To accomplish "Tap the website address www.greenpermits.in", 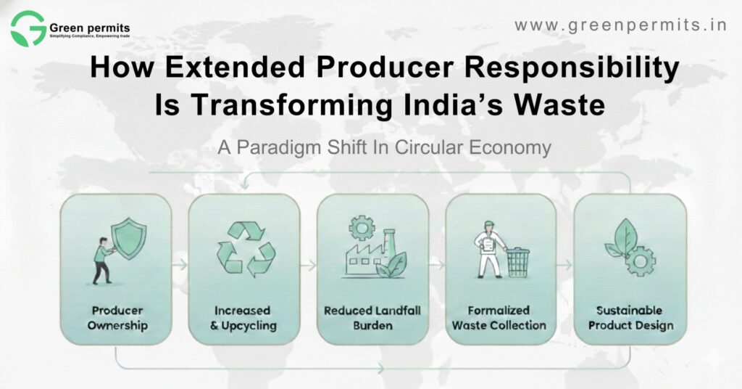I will click(620, 25).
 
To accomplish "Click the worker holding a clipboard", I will click(491, 253).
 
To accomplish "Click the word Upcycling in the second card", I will click(249, 326).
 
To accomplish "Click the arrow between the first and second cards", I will click(180, 266).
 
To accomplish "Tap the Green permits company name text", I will click(90, 28).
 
